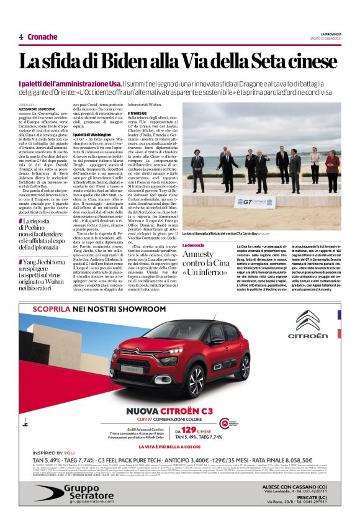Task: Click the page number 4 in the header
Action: (21, 37)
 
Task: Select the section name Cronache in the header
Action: (42, 37)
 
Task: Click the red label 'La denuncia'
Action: (192, 246)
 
